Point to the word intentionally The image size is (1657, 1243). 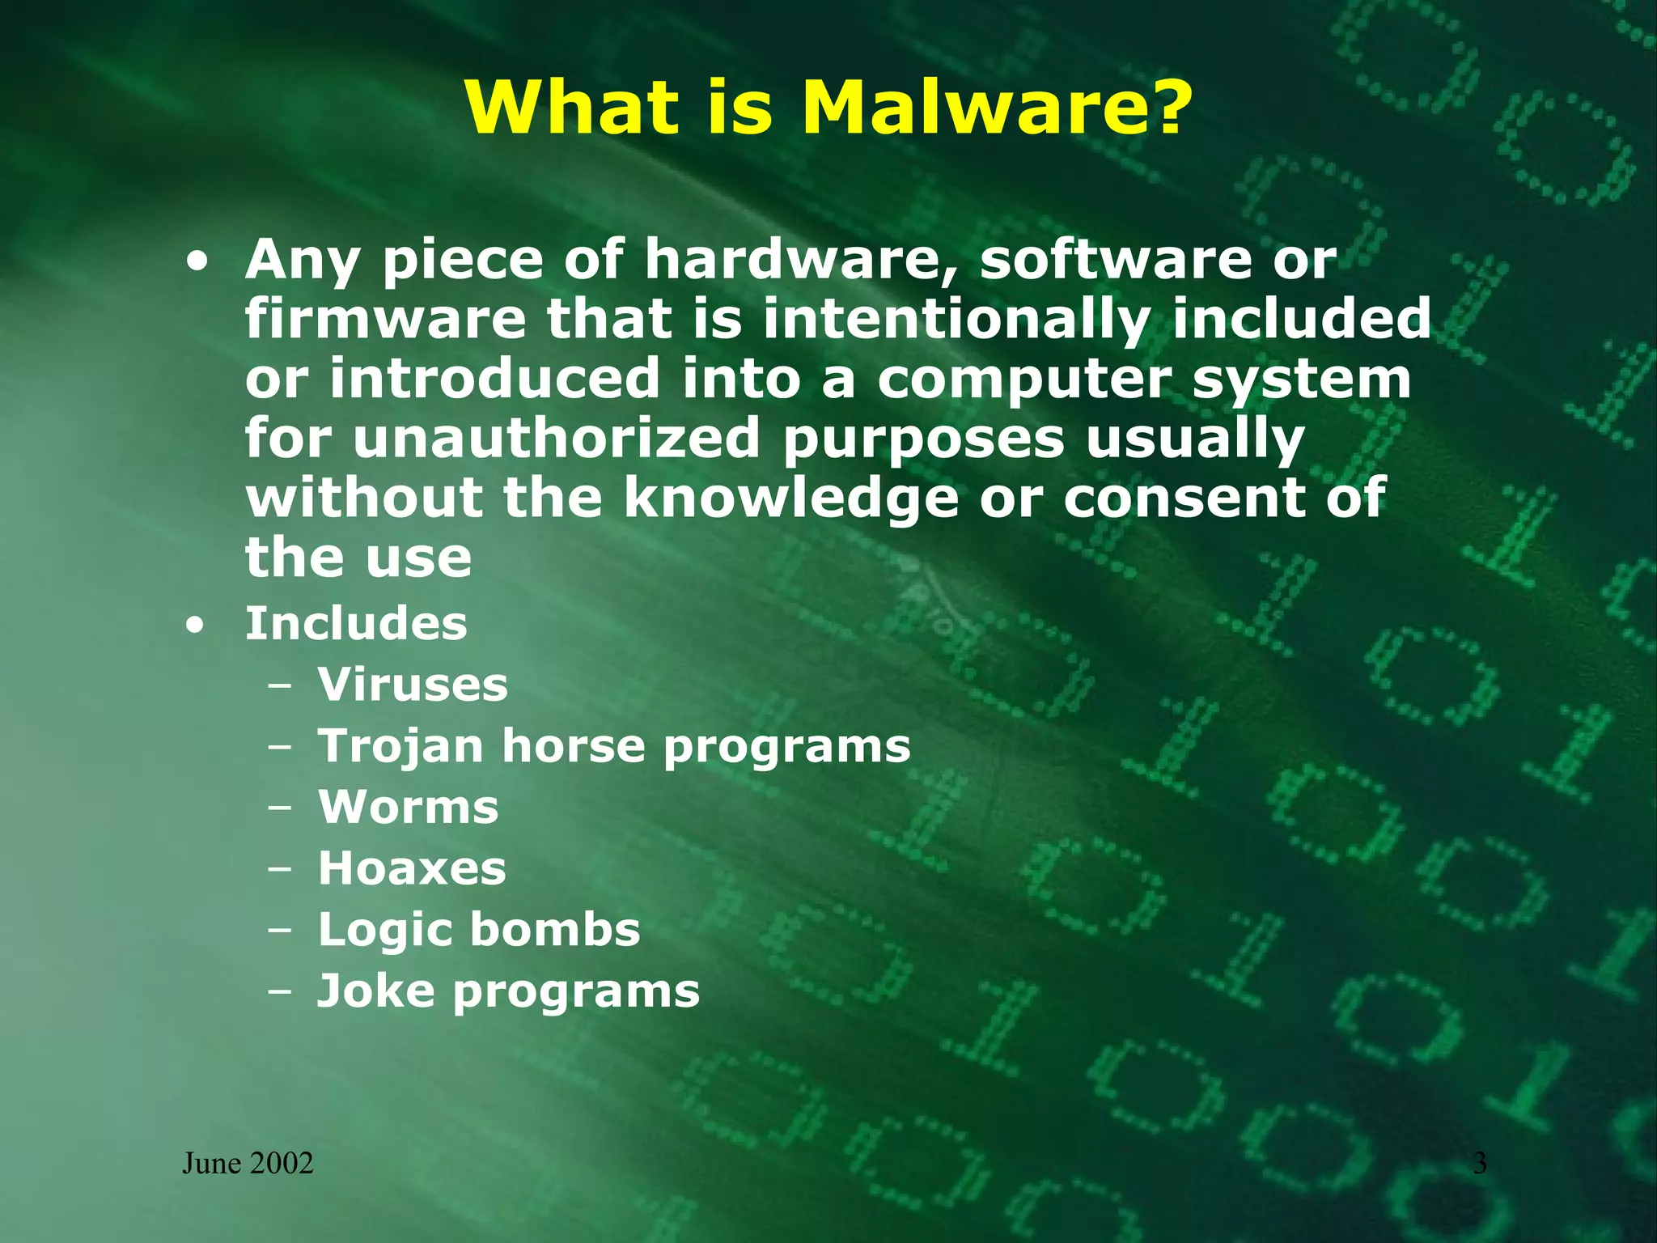coord(956,320)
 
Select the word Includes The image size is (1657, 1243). coord(356,624)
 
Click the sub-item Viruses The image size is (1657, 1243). coord(413,685)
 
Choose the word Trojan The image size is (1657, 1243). coord(400,746)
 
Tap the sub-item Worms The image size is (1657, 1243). coord(409,808)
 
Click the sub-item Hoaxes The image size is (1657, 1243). coord(412,868)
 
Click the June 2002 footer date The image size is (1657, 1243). coord(248,1164)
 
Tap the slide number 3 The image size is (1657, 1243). coord(1480,1164)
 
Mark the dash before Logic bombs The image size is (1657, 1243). coord(280,931)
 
